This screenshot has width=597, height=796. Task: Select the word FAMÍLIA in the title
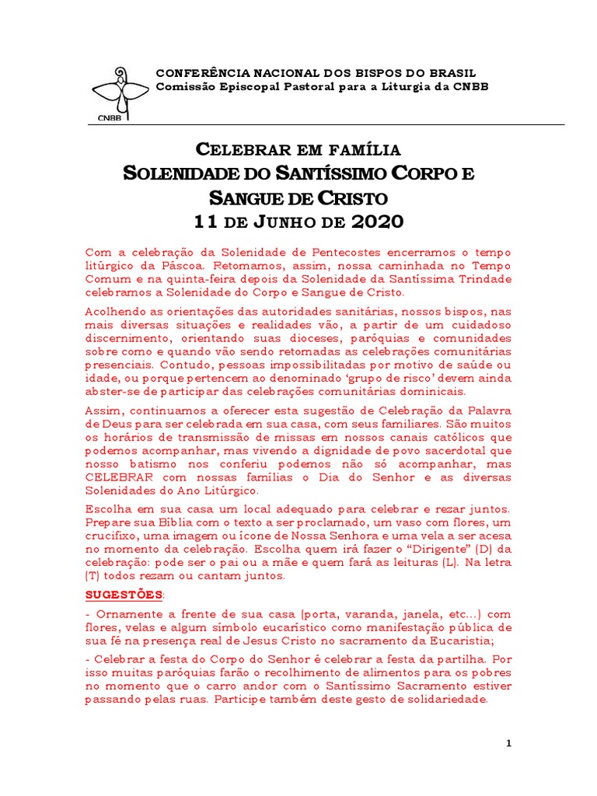point(361,149)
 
